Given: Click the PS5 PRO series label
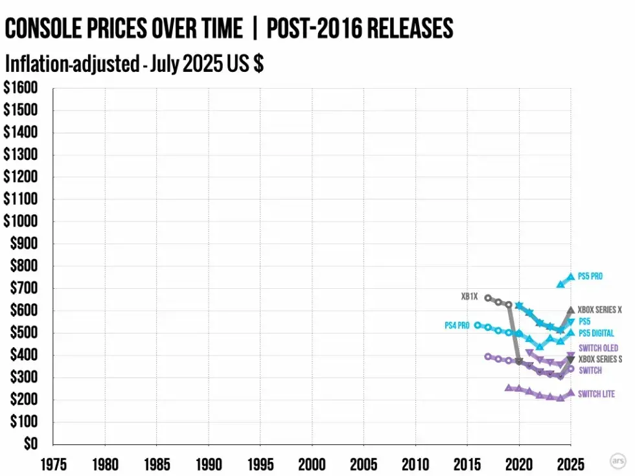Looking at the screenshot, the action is point(590,277).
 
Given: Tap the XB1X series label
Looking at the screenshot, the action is point(469,297).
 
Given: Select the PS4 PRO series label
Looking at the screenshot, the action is point(457,325).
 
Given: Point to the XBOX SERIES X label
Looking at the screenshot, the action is point(599,310).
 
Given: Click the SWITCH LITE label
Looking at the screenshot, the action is point(596,394).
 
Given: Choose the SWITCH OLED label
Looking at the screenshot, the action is point(598,348).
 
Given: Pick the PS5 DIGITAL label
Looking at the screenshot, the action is point(596,334).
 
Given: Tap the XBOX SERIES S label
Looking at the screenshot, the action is point(600,359).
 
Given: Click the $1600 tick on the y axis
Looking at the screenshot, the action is point(20,88).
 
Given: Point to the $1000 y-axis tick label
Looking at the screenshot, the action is point(20,221).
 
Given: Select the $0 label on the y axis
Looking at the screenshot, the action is point(30,444).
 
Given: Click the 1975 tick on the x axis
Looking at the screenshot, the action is point(53,465).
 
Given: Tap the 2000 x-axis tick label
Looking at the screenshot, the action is point(312,465).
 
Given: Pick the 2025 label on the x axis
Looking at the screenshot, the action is point(571,465).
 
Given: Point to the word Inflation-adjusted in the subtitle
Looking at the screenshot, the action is point(72,64).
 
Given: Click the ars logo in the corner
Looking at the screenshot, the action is point(618,460).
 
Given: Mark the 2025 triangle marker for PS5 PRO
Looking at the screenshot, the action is point(571,277).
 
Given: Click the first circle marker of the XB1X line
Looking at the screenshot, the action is point(488,298).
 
